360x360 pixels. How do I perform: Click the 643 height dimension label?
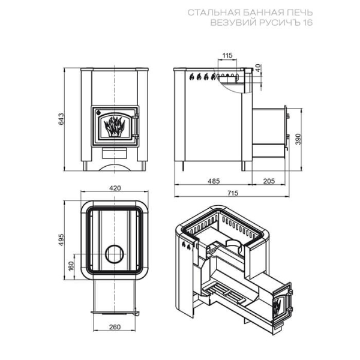[61, 119]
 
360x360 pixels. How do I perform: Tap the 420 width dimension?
[115, 188]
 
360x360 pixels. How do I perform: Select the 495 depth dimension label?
[61, 239]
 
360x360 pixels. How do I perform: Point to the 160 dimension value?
[71, 266]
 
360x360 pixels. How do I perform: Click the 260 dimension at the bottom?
[115, 327]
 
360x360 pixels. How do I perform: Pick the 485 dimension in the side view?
[214, 181]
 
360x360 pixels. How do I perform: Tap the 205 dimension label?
[269, 181]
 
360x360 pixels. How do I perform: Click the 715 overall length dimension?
[233, 193]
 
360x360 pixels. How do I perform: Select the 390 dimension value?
[298, 139]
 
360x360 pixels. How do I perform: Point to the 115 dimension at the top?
[227, 55]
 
